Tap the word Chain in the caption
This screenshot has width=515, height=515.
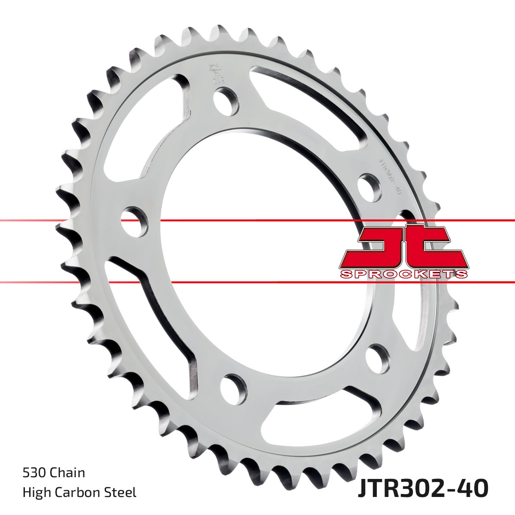[x=67, y=473]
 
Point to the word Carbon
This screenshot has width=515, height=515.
[x=80, y=492]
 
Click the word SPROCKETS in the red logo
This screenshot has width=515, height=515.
[x=403, y=274]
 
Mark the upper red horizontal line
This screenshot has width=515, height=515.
[x=257, y=221]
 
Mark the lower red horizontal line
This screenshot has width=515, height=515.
[x=257, y=282]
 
